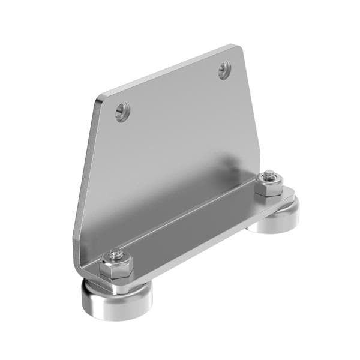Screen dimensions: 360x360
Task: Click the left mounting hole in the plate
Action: (x=122, y=111)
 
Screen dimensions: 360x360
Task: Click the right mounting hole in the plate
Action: (x=225, y=71)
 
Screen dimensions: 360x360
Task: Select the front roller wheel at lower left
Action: (x=117, y=300)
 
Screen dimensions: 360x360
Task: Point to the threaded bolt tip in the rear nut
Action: (x=268, y=175)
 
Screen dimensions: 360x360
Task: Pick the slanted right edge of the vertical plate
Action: (x=253, y=114)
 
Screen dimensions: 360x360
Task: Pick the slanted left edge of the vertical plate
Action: (x=84, y=174)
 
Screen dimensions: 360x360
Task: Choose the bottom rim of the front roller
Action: (x=117, y=317)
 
